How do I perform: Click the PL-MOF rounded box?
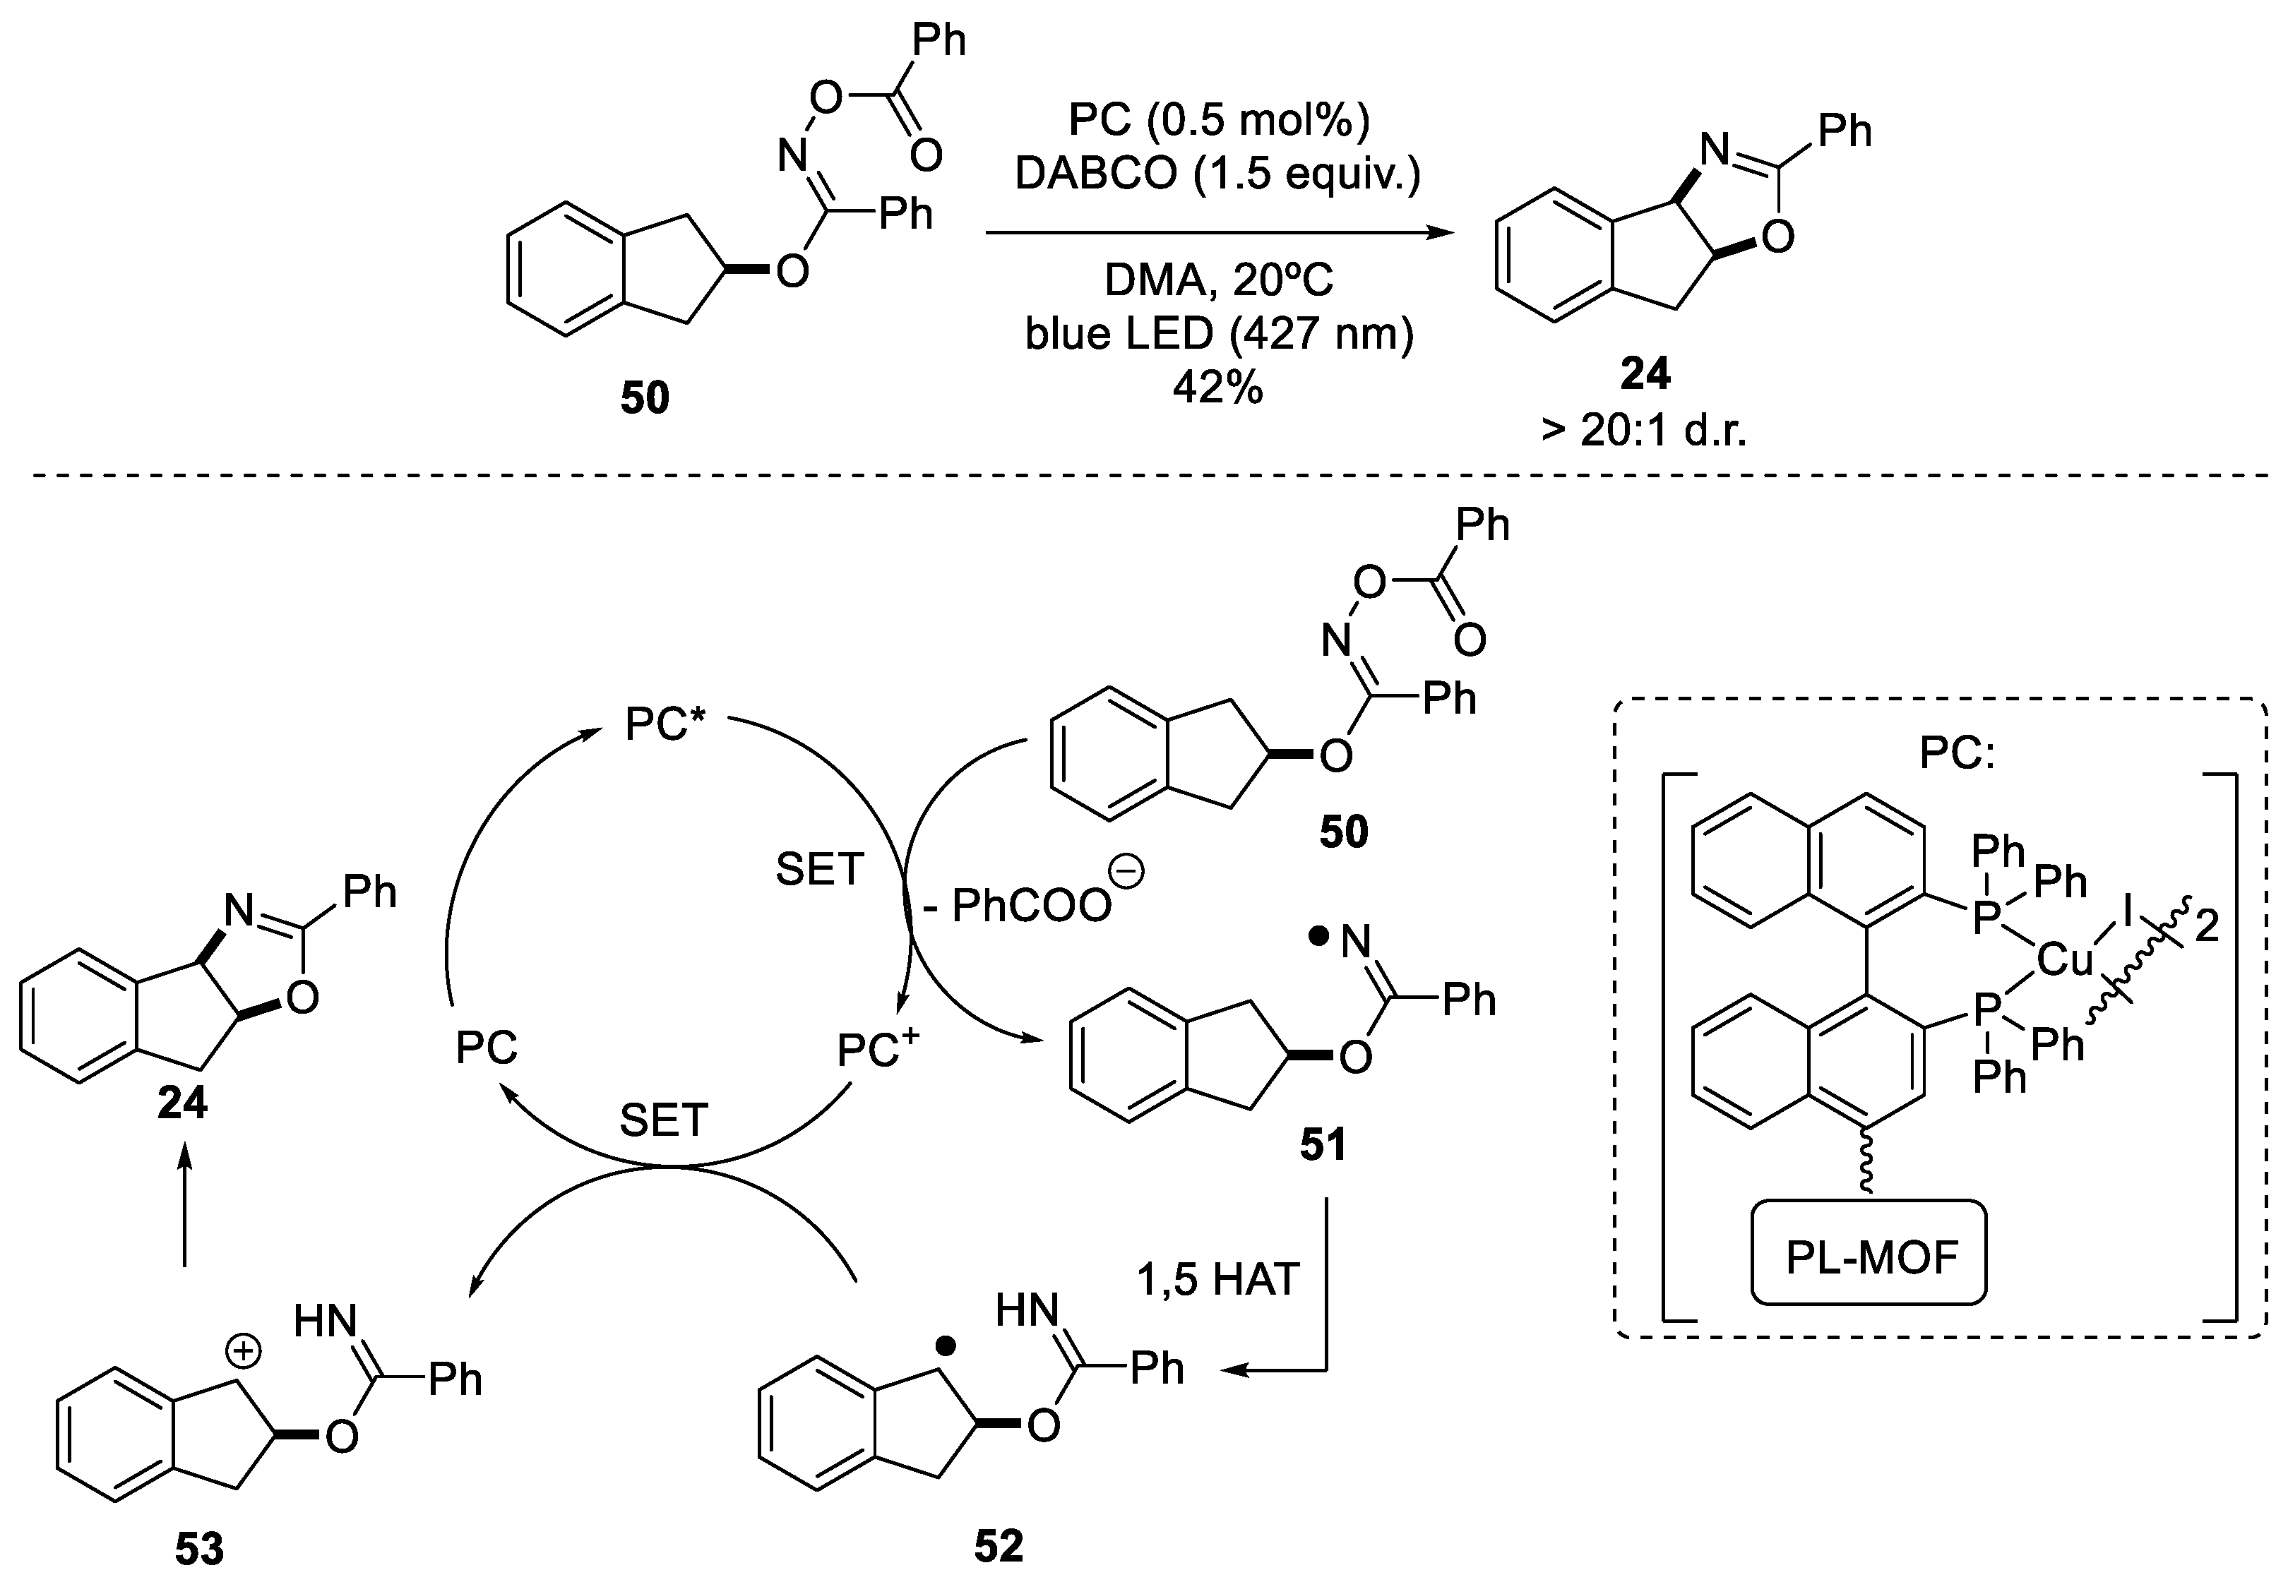tap(1870, 1257)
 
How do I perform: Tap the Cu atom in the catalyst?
tap(2064, 959)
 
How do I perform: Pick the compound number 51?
tap(1323, 1146)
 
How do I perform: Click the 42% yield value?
tap(1217, 388)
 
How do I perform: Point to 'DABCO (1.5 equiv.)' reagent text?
tap(1217, 174)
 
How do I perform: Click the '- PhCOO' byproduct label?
tap(1031, 904)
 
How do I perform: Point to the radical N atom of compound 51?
tap(1355, 942)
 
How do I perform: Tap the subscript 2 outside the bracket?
tap(2207, 928)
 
